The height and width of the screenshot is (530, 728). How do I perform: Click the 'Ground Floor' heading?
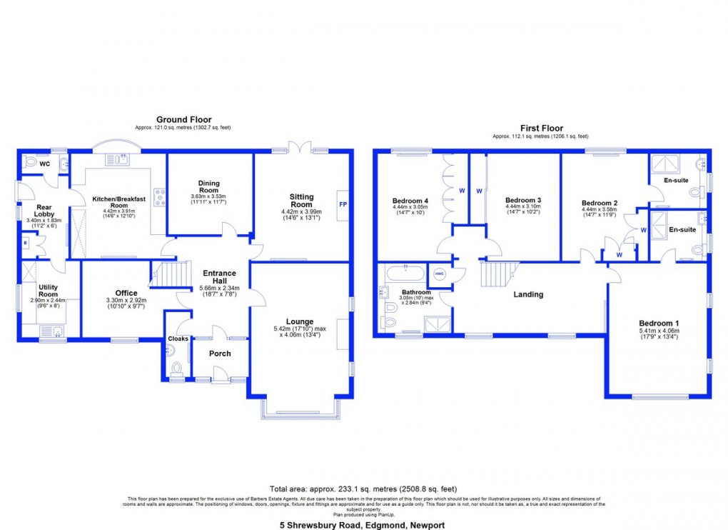tap(183, 119)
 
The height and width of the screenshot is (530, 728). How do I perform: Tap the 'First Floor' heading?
tap(540, 128)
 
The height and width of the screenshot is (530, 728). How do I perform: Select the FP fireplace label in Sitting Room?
tap(341, 202)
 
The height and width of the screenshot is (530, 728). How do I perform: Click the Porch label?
tap(220, 354)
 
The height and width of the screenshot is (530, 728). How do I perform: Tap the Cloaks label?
tap(178, 339)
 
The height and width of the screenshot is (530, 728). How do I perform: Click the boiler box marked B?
tap(24, 243)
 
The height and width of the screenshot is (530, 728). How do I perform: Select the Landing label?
tap(528, 294)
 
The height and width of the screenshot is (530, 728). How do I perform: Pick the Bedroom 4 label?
tap(410, 200)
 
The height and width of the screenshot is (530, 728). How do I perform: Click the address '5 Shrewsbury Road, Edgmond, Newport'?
tap(363, 525)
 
